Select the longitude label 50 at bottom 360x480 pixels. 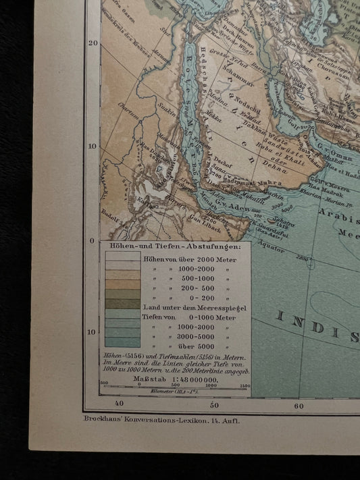click(214, 405)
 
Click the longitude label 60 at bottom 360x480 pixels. click(300, 405)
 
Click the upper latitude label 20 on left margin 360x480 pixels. click(93, 43)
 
